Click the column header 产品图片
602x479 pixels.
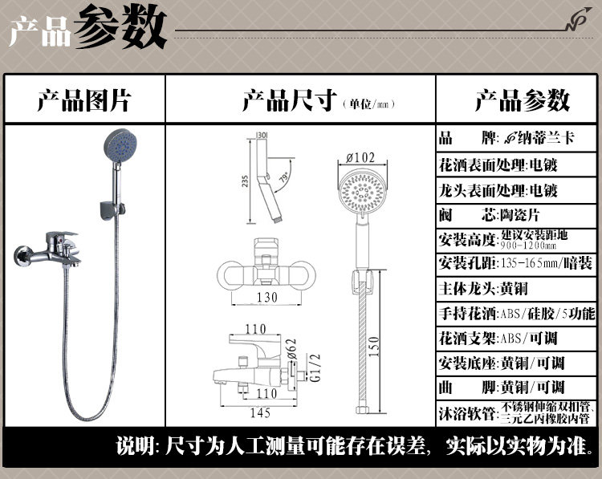click(83, 101)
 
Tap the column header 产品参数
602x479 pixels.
click(522, 101)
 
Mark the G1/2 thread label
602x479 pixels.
click(312, 363)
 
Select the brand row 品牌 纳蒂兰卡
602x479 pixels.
click(518, 137)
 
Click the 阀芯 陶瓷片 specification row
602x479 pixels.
click(518, 215)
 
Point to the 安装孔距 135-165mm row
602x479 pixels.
click(518, 263)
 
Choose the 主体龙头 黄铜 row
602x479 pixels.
click(518, 288)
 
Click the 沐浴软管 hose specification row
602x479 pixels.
click(518, 414)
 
